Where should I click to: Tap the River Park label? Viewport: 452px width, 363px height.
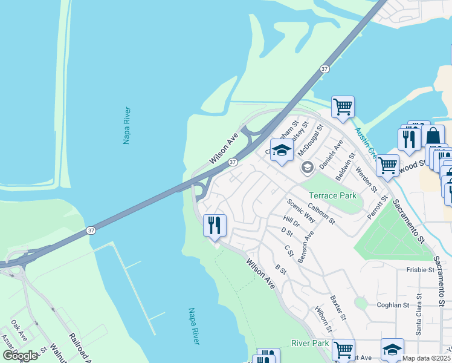point(310,343)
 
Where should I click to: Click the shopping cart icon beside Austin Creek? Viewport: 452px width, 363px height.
point(343,107)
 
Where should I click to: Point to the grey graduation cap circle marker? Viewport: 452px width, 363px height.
point(307,167)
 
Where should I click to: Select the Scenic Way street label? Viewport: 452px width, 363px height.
point(300,211)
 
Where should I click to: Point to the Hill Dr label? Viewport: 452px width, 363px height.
point(291,222)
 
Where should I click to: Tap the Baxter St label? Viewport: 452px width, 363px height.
point(338,307)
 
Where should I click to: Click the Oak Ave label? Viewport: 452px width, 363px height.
point(19,332)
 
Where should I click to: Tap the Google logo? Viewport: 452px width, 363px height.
point(21,356)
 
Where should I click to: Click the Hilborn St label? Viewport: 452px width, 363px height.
point(323,319)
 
